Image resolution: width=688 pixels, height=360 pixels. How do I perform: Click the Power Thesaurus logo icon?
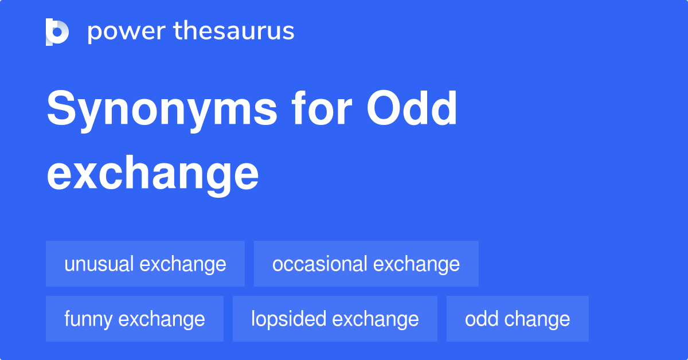pyautogui.click(x=57, y=32)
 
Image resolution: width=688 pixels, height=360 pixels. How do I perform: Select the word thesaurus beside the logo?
pyautogui.click(x=234, y=32)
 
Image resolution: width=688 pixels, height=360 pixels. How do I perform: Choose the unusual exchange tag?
pyautogui.click(x=145, y=264)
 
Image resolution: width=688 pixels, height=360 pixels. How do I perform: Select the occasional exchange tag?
pyautogui.click(x=366, y=264)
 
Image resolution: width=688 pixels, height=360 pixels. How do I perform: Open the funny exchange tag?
pyautogui.click(x=135, y=319)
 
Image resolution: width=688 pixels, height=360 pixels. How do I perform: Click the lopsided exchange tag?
pyautogui.click(x=335, y=319)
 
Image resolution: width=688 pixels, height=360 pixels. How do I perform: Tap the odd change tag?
pyautogui.click(x=517, y=319)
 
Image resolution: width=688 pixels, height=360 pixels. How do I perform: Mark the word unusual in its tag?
pyautogui.click(x=100, y=264)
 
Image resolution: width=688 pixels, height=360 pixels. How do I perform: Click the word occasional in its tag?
pyautogui.click(x=320, y=264)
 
